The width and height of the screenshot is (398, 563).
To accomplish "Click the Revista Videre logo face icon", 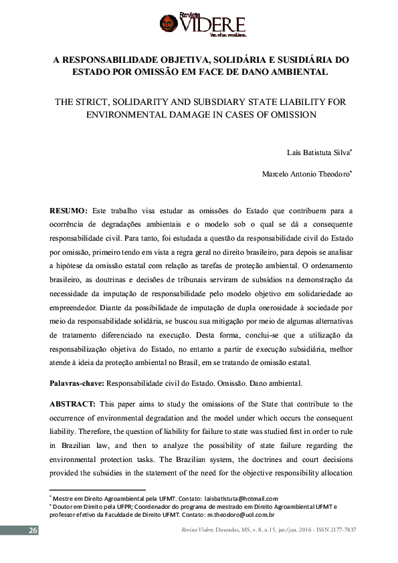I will coord(169,24).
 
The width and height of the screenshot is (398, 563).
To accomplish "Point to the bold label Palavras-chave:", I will coord(77,384).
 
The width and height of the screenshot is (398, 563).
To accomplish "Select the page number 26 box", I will coord(31,530).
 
